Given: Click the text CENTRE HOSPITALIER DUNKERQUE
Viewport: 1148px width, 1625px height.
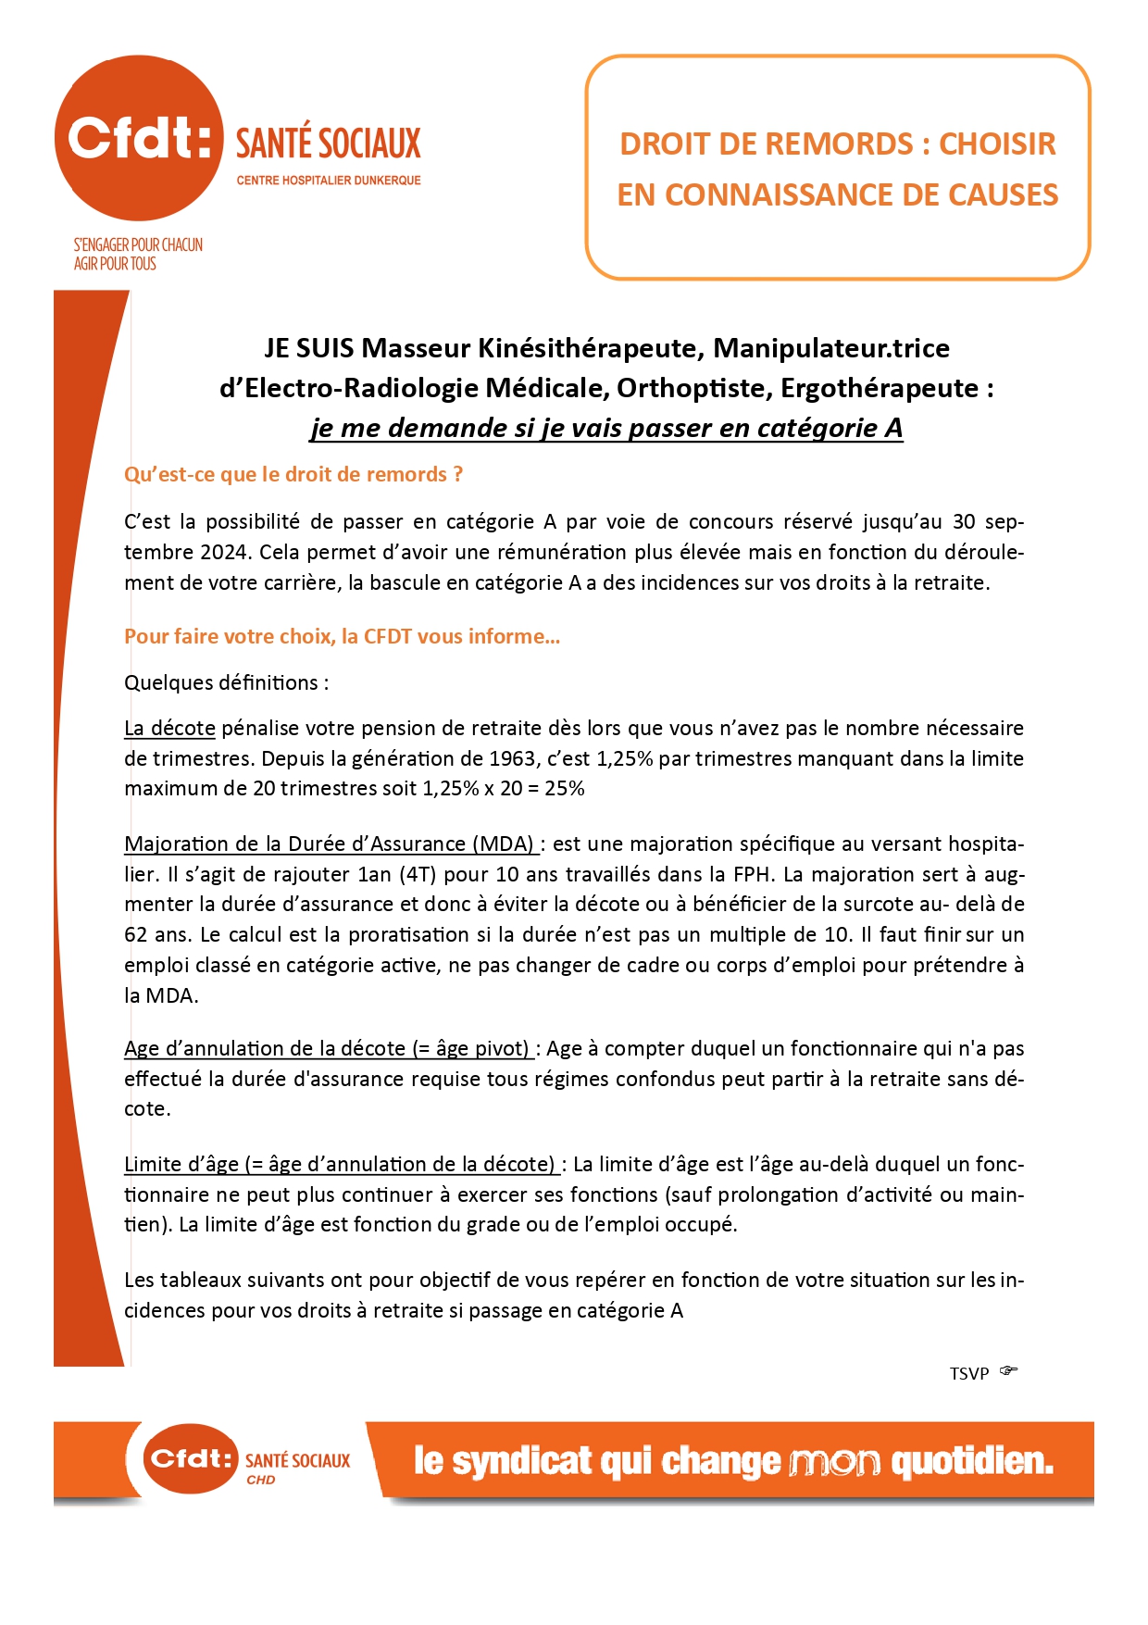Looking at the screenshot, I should pos(329,181).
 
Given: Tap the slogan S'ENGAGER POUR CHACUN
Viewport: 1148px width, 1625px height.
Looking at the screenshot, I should pos(138,244).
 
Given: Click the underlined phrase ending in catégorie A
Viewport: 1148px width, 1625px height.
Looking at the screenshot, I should pos(606,428).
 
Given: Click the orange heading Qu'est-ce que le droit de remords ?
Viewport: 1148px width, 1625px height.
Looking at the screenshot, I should pos(293,475).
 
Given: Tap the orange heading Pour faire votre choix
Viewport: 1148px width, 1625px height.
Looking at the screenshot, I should pos(342,637).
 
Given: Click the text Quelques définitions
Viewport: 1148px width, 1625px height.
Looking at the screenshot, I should pos(226,683).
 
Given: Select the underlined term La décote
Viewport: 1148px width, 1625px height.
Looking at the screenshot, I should pos(169,729).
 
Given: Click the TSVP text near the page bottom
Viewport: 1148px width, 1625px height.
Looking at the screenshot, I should pos(969,1374).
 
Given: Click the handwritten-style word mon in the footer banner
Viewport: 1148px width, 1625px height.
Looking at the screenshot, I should pos(834,1462).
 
